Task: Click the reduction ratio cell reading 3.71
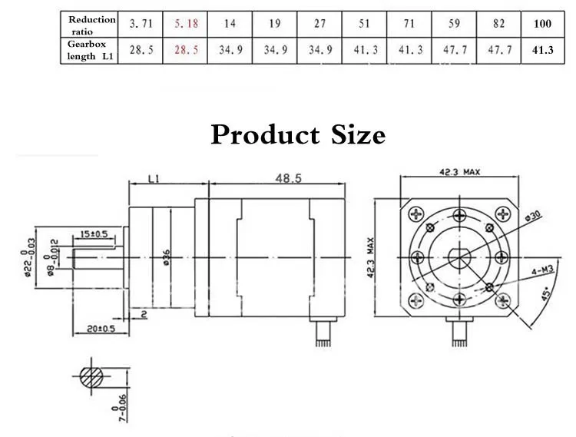pyautogui.click(x=141, y=24)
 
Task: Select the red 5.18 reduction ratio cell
pyautogui.click(x=186, y=24)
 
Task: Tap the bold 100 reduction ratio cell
pyautogui.click(x=542, y=24)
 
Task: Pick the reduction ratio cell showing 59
pyautogui.click(x=454, y=24)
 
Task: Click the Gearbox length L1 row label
pyautogui.click(x=90, y=51)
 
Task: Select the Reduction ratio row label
pyautogui.click(x=92, y=25)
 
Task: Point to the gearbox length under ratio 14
pyautogui.click(x=230, y=50)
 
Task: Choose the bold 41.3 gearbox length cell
pyautogui.click(x=542, y=50)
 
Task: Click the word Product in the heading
pyautogui.click(x=265, y=134)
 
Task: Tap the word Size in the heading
pyautogui.click(x=358, y=134)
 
